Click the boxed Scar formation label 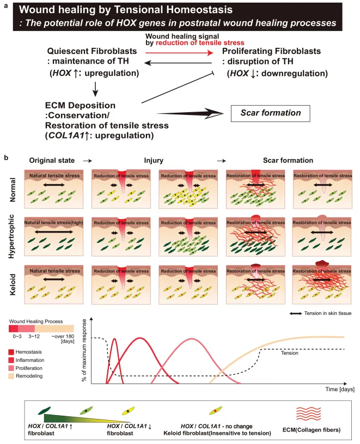[270, 114]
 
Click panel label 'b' [7, 157]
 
